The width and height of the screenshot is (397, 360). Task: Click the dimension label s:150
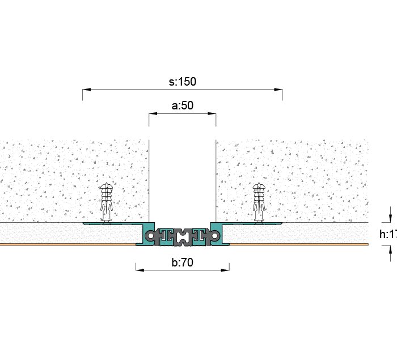click(x=182, y=82)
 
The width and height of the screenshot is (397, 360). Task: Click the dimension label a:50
click(x=182, y=105)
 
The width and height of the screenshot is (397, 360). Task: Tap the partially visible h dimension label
click(x=387, y=234)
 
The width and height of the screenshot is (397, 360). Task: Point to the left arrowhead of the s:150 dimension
click(x=86, y=89)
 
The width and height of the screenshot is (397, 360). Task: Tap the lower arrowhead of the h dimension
click(x=390, y=248)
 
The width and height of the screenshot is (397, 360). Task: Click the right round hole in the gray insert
click(x=216, y=234)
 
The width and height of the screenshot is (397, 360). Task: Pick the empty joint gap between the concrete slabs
click(x=182, y=176)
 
